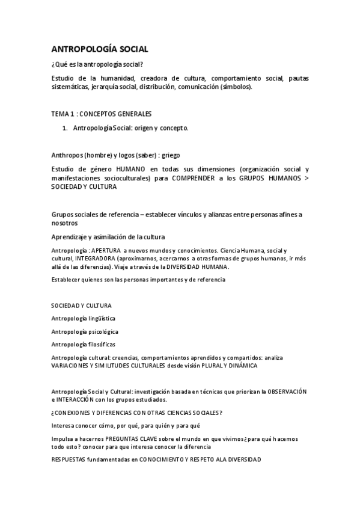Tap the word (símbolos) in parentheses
(236, 87)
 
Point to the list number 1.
(65, 128)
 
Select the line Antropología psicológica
(85, 331)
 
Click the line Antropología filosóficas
(84, 345)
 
